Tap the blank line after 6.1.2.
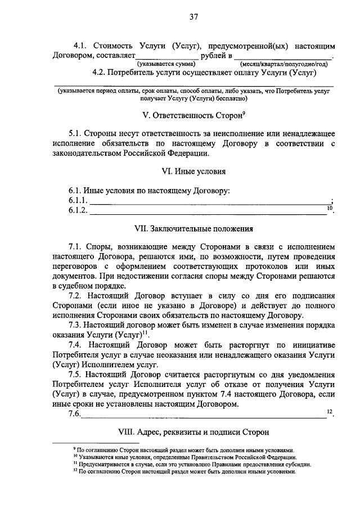tap(208, 211)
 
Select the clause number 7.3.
tap(76, 326)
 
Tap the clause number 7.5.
tap(76, 375)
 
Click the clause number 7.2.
tap(76, 296)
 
